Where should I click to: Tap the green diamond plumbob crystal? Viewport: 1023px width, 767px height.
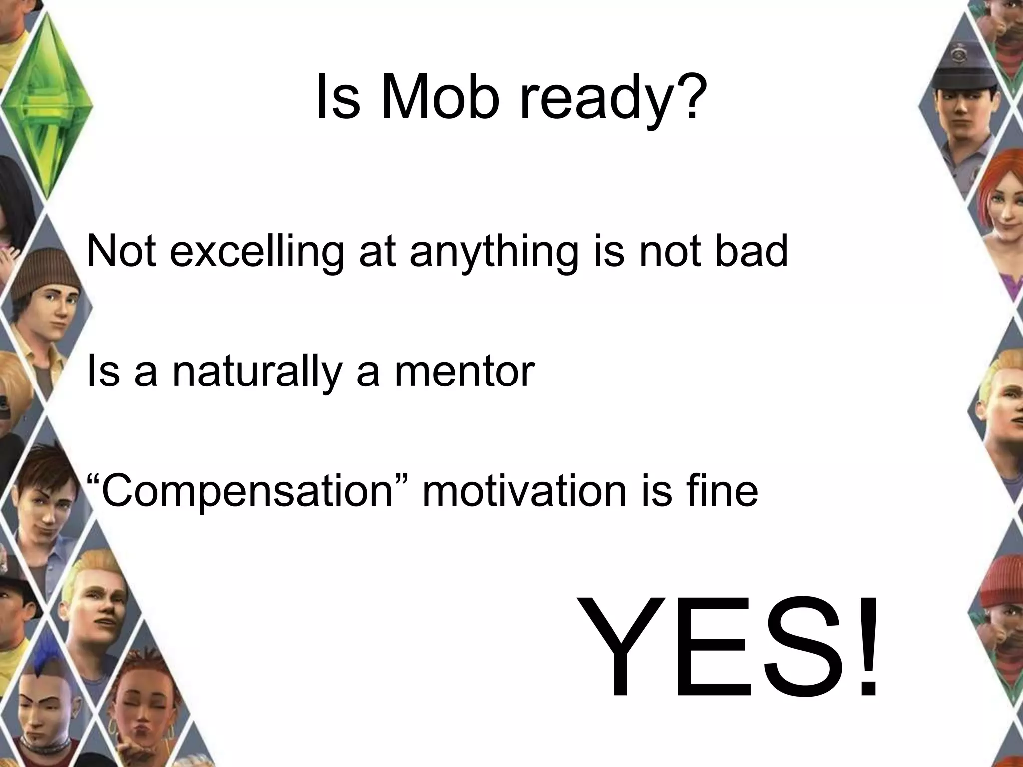coord(47,105)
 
